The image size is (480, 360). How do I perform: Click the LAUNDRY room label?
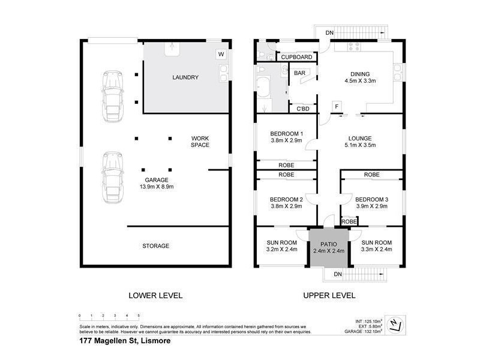click(185, 77)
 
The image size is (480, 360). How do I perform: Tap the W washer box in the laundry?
click(221, 54)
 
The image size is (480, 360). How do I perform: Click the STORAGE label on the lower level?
click(155, 246)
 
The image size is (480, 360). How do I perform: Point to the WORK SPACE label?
click(200, 142)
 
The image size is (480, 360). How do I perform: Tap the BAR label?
click(299, 73)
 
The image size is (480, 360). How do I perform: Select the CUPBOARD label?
click(296, 57)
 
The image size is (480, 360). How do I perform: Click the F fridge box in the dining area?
click(338, 107)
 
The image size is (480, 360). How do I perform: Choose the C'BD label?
click(303, 109)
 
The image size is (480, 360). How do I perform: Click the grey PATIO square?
click(329, 247)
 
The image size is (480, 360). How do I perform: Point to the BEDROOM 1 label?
click(286, 134)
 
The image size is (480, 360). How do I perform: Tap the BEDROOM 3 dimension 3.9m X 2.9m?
click(371, 206)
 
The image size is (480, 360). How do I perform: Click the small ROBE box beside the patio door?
click(349, 221)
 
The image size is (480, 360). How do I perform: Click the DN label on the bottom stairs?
click(337, 274)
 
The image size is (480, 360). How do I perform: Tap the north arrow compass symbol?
click(393, 324)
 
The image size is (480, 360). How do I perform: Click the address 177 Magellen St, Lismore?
click(125, 341)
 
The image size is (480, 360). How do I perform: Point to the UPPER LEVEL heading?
click(329, 295)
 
